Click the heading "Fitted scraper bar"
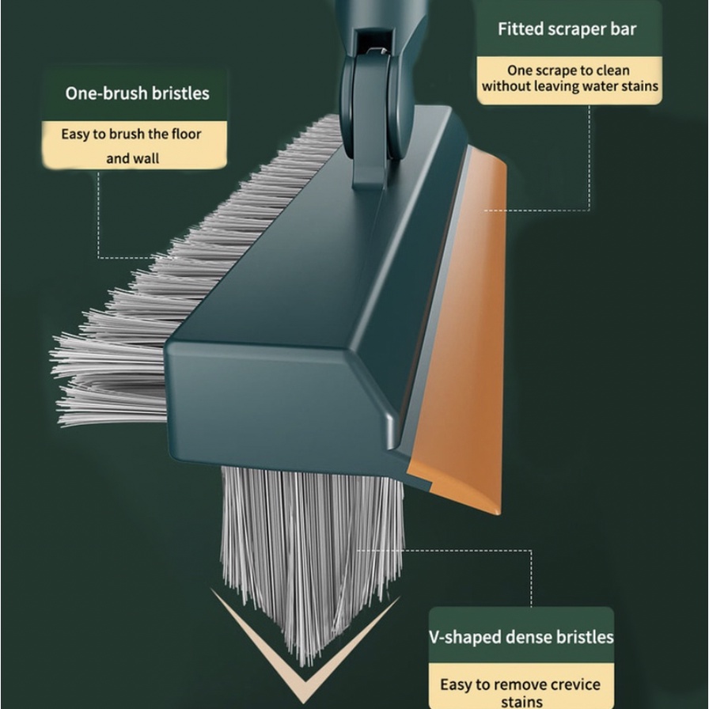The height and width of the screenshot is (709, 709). pyautogui.click(x=567, y=30)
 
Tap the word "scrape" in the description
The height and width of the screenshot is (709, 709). pyautogui.click(x=555, y=70)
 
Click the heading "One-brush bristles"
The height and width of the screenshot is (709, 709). pyautogui.click(x=137, y=93)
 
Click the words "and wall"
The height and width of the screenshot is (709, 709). pyautogui.click(x=133, y=158)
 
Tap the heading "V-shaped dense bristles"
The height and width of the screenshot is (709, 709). pyautogui.click(x=521, y=636)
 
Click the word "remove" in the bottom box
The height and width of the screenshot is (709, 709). pyautogui.click(x=514, y=684)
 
